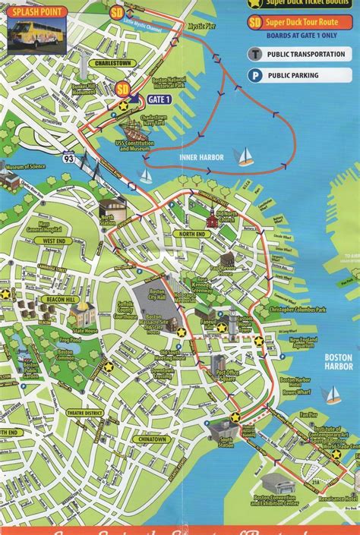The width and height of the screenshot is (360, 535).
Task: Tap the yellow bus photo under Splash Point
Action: click(34, 30)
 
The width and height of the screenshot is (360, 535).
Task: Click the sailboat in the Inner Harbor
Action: click(245, 156)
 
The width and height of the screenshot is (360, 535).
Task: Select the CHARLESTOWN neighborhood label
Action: click(111, 63)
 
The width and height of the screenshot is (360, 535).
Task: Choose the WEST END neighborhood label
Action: click(54, 241)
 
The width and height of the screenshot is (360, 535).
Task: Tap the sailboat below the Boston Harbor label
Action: click(331, 395)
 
